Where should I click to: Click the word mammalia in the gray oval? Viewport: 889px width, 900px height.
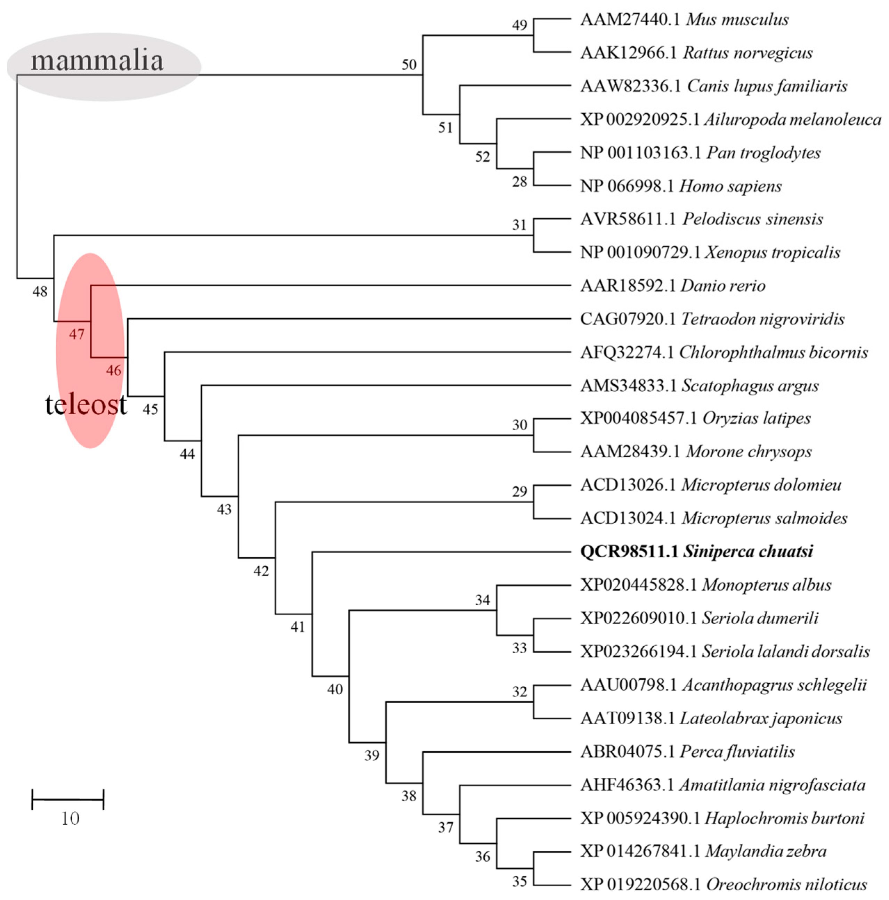pyautogui.click(x=97, y=60)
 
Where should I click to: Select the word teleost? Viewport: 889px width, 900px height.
pyautogui.click(x=86, y=404)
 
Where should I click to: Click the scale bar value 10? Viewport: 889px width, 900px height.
pyautogui.click(x=70, y=818)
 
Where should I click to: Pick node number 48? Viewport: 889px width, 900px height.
pyautogui.click(x=40, y=292)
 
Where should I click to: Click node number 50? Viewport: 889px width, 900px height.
pyautogui.click(x=409, y=64)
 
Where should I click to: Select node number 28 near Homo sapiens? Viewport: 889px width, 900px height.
pyautogui.click(x=519, y=182)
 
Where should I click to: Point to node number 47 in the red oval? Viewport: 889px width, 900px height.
pyautogui.click(x=76, y=334)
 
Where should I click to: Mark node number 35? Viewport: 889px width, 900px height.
pyautogui.click(x=519, y=881)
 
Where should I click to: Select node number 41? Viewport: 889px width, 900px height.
pyautogui.click(x=297, y=627)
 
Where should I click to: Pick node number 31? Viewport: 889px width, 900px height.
pyautogui.click(x=519, y=225)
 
